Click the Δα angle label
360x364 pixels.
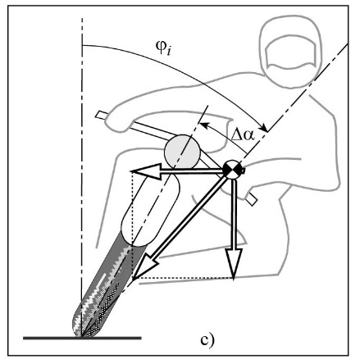point(243,134)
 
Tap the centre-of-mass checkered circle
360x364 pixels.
point(233,170)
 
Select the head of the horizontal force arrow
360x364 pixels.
point(146,171)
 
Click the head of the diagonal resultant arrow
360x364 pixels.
point(144,268)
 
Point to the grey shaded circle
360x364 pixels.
point(182,152)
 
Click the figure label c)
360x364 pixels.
point(207,340)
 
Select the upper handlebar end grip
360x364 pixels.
point(101,115)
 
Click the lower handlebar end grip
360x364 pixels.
point(252,199)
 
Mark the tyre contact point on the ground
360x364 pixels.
point(81,337)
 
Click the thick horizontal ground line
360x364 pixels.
point(82,339)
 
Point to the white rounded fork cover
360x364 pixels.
point(150,210)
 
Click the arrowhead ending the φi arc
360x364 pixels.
point(264,128)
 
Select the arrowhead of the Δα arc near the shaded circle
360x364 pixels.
point(204,125)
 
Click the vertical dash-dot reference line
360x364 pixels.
point(82,178)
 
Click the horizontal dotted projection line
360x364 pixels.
point(183,279)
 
